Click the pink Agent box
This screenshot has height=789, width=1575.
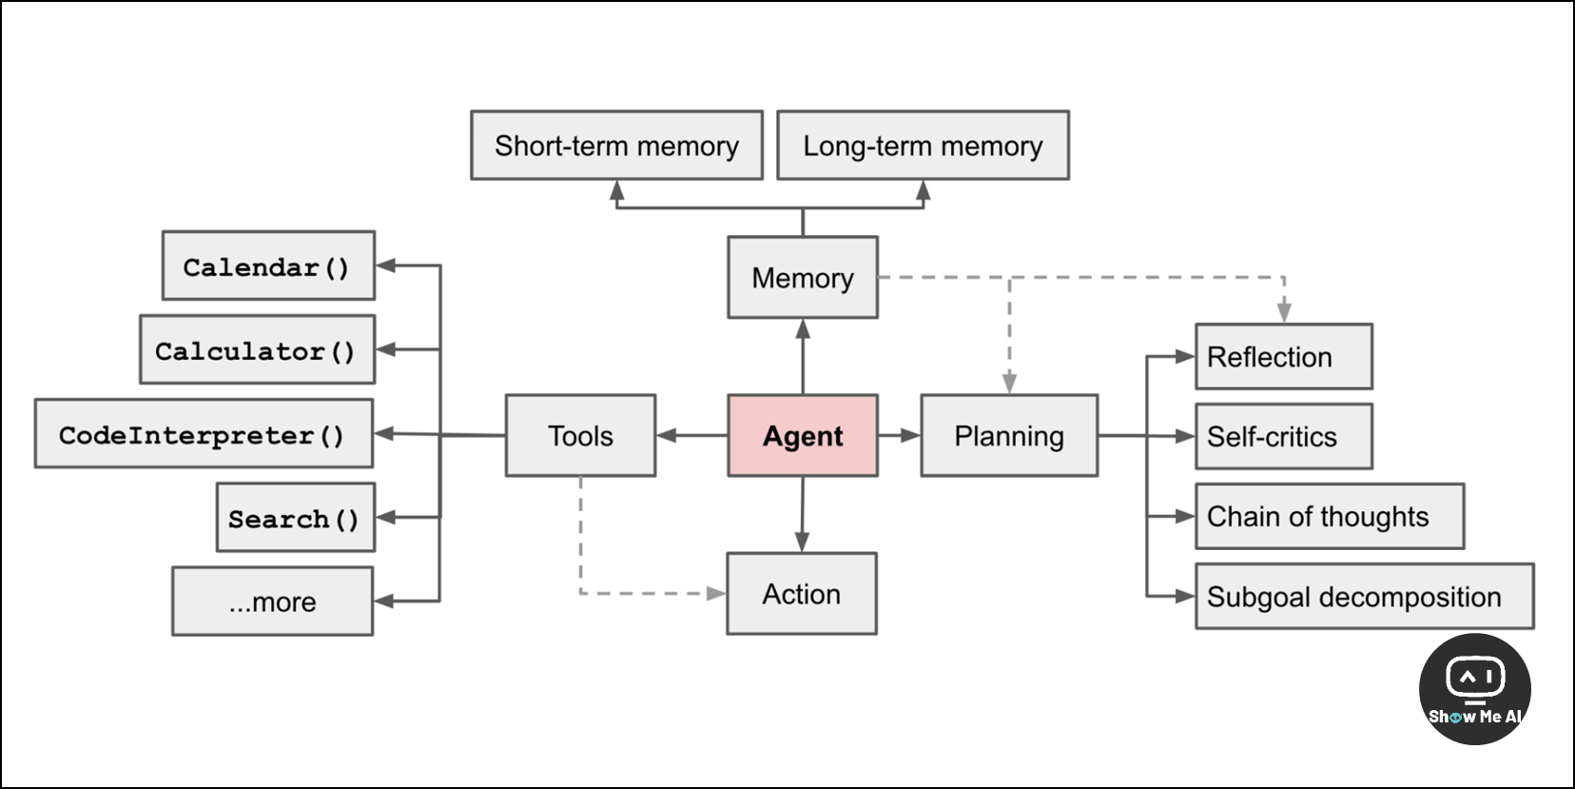click(x=803, y=436)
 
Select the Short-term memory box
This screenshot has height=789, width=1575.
click(x=616, y=145)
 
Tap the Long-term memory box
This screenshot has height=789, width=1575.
click(x=924, y=145)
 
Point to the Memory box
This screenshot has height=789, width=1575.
click(x=803, y=277)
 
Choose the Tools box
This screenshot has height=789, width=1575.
click(x=581, y=436)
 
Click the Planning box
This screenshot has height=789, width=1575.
click(x=1010, y=436)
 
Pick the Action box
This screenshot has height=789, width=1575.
click(x=803, y=593)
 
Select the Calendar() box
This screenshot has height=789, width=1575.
click(x=268, y=266)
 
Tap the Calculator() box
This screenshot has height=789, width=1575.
click(x=258, y=349)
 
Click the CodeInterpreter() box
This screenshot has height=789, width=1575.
click(x=204, y=434)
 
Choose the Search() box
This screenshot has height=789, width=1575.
click(x=296, y=518)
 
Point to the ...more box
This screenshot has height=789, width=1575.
click(x=273, y=602)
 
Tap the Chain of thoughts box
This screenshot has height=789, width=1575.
click(x=1331, y=516)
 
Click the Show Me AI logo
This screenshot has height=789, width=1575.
click(x=1475, y=689)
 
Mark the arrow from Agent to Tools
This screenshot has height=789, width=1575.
click(x=692, y=436)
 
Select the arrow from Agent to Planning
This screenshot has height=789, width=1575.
click(x=900, y=436)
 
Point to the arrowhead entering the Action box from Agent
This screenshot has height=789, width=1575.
click(x=803, y=542)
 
